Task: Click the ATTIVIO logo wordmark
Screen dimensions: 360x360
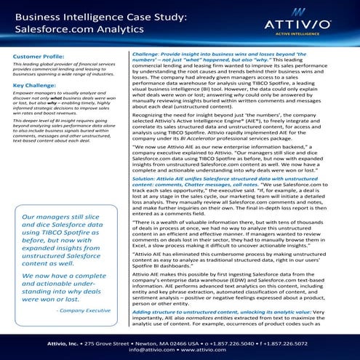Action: coord(303,33)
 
